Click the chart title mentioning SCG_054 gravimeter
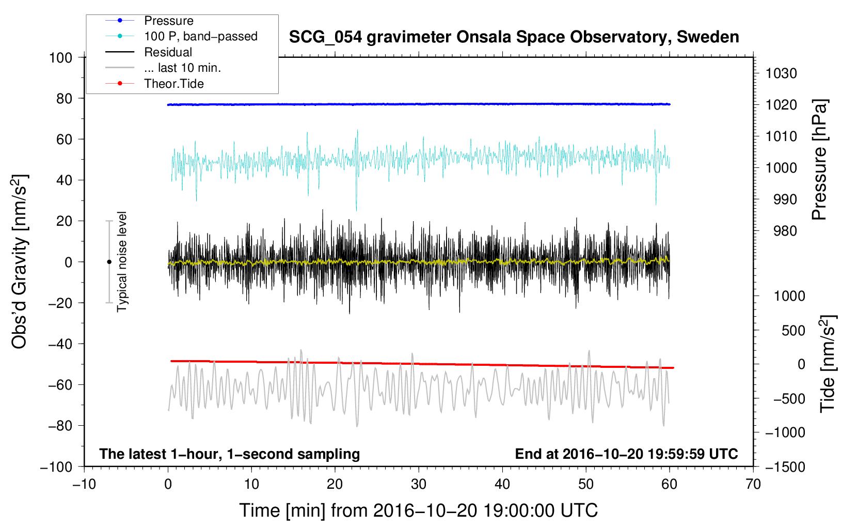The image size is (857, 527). point(514,37)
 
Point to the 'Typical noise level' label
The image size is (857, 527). point(122,262)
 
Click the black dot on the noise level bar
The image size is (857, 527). point(109,262)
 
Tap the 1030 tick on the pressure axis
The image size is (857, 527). point(781,73)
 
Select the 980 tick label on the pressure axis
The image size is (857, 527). point(785,231)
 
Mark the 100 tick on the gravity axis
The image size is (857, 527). point(60,58)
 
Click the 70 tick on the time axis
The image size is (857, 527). point(753,485)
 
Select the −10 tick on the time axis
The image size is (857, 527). point(84,485)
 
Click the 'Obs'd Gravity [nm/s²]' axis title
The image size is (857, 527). point(19,262)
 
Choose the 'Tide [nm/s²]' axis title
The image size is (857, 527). point(828,364)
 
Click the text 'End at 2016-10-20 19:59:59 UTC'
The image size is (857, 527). point(626,454)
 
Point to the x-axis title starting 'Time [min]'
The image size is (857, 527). point(419,511)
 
